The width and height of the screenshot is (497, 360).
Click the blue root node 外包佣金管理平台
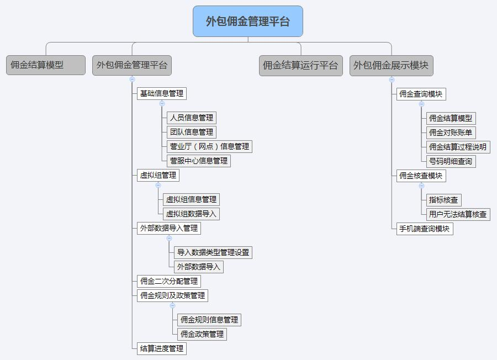pos(248,22)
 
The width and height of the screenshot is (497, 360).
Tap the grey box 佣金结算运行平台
pos(300,65)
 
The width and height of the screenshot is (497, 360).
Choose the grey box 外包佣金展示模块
pos(391,65)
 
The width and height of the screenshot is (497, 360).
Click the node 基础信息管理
pos(161,93)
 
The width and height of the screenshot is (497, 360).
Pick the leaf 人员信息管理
pos(191,118)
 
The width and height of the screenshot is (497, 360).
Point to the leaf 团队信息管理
pos(191,132)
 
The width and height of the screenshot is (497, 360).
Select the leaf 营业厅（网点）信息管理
pos(209,146)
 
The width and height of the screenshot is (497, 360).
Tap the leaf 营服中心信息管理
pos(198,161)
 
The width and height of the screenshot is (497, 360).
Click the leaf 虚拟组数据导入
pos(192,214)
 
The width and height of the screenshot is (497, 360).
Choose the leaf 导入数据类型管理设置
pos(213,252)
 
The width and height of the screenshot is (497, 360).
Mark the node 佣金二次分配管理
pos(168,281)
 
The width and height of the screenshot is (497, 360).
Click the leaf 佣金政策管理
pos(202,334)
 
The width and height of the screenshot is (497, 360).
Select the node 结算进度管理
pos(161,348)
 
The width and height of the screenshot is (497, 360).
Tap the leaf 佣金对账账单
pos(451,133)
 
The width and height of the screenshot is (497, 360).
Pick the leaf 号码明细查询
pos(451,161)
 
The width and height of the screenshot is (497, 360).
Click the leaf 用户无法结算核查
pos(458,214)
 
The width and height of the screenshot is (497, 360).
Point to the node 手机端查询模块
pos(424,229)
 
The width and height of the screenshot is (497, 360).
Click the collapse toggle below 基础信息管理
pos(162,103)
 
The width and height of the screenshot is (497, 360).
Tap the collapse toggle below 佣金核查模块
pos(421,186)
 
